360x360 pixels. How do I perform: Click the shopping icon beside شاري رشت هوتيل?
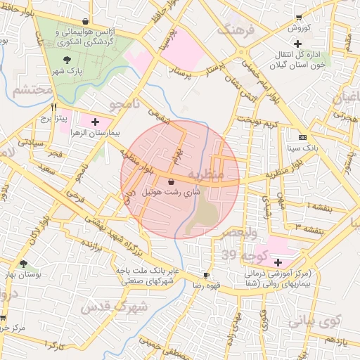[172, 181]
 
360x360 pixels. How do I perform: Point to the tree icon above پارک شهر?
[67, 60]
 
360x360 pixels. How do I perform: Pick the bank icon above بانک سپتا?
[302, 137]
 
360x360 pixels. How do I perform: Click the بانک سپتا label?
[303, 148]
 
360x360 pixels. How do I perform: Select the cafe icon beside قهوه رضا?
[205, 275]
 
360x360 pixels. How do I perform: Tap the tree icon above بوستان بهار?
[24, 264]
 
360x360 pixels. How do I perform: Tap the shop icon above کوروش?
[299, 17]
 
